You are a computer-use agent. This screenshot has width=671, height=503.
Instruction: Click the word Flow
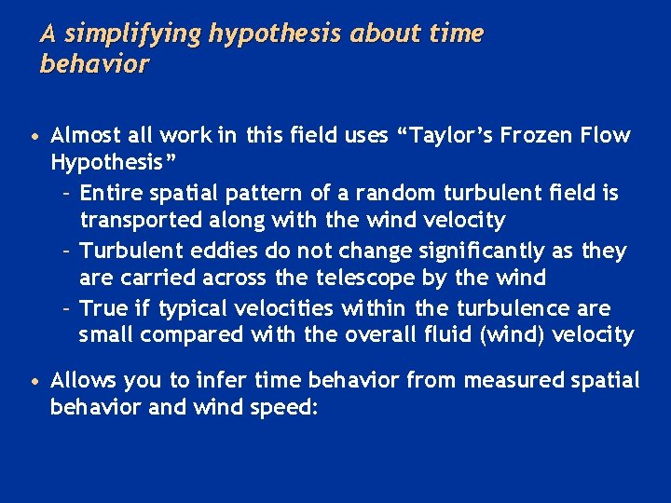click(607, 136)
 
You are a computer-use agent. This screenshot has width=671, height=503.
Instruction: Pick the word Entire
click(109, 194)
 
